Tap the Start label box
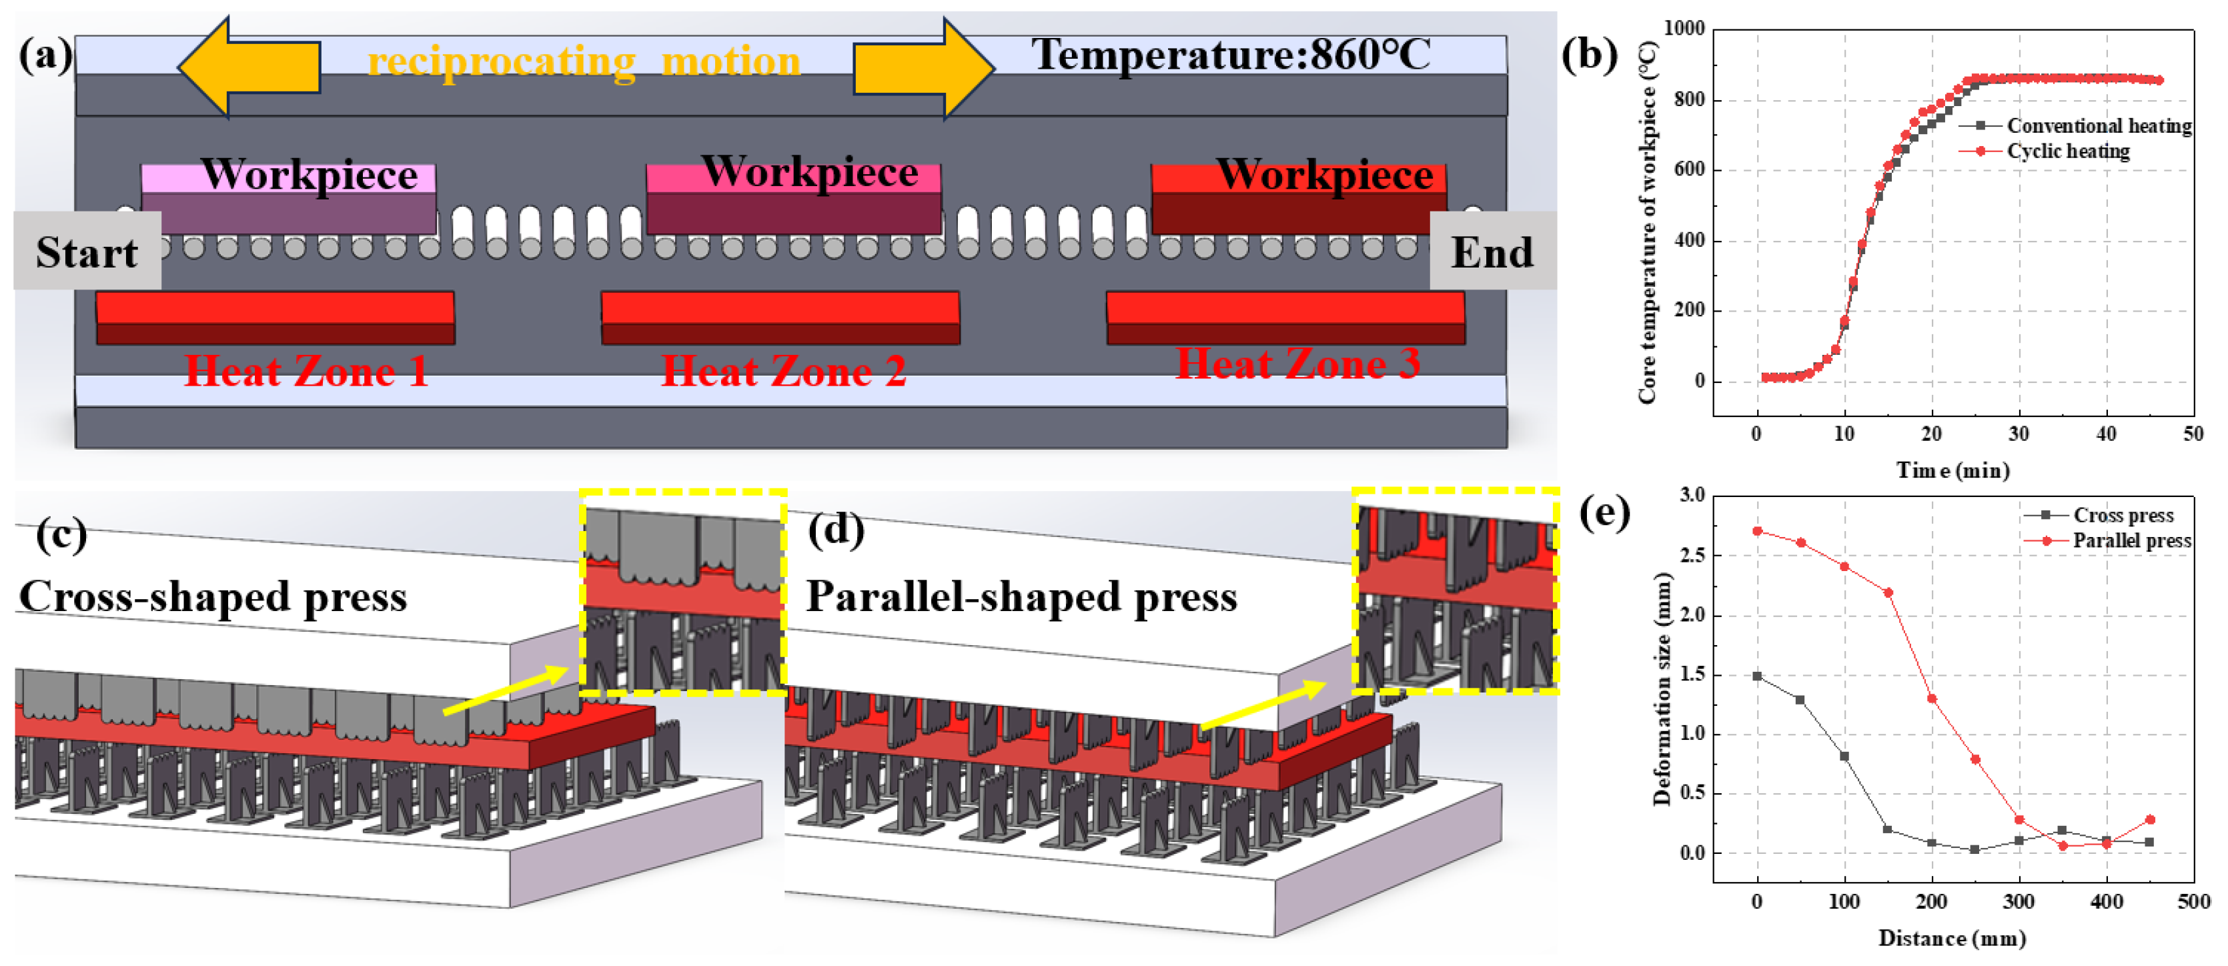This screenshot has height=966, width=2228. click(x=87, y=252)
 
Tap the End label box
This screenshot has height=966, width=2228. click(x=1492, y=252)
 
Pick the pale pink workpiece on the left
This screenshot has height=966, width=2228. click(x=288, y=199)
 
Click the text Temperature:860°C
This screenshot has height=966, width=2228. click(x=1230, y=55)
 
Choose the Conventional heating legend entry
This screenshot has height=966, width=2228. click(x=2097, y=126)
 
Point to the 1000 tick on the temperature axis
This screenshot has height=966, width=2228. click(x=1683, y=29)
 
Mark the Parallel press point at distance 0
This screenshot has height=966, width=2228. click(x=1756, y=531)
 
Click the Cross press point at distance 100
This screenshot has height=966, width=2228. click(x=1844, y=757)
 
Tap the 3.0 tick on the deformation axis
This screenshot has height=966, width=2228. click(x=1692, y=496)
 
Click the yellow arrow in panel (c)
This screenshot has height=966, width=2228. click(x=506, y=689)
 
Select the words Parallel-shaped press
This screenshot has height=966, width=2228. click(x=1021, y=596)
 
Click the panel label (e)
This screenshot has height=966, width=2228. click(x=1604, y=513)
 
